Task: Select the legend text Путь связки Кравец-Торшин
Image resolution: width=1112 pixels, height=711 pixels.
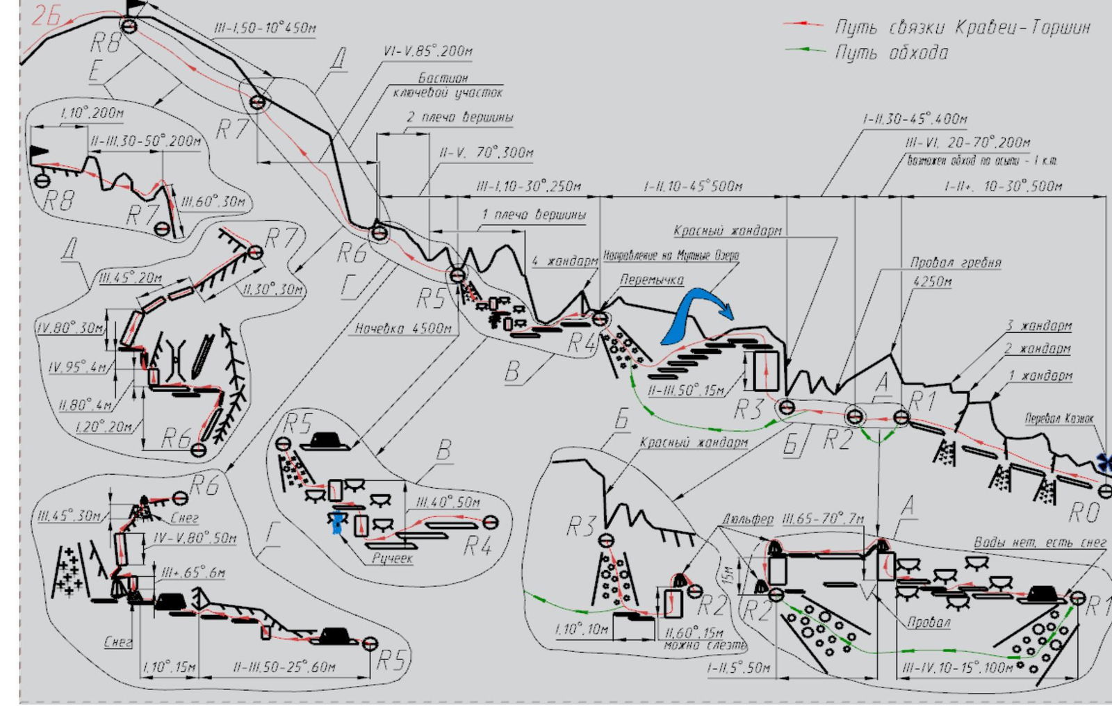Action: click(962, 27)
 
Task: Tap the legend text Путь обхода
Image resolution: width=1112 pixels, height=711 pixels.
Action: click(891, 53)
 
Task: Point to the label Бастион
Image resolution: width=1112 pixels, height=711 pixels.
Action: click(443, 78)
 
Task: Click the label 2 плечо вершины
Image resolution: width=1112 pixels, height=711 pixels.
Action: click(459, 117)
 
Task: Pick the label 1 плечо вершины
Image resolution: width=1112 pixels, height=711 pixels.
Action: click(534, 215)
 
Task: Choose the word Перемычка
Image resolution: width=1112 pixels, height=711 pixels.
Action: click(651, 280)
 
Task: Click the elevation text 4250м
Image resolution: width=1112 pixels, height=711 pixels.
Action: click(931, 281)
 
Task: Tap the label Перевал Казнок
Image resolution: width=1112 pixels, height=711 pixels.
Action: click(1058, 418)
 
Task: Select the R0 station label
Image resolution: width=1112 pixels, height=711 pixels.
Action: click(1083, 513)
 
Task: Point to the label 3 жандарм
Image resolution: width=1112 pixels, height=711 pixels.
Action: click(1038, 325)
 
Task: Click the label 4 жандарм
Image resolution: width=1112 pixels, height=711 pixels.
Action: click(564, 261)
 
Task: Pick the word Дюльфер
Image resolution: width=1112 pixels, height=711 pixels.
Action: click(747, 520)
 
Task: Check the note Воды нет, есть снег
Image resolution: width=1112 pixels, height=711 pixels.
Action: click(1039, 542)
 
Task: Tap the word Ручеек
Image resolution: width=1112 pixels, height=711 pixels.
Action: click(392, 558)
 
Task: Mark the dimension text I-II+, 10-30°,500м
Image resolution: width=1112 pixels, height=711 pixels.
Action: click(1003, 186)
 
